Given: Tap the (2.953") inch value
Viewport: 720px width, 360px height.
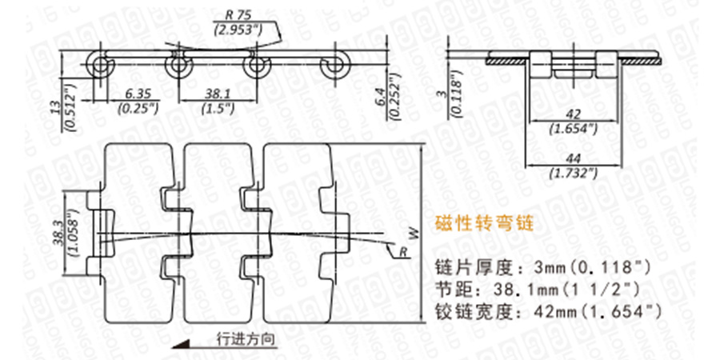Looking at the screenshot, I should [243, 30].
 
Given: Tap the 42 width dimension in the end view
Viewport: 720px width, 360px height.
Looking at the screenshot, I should [573, 114].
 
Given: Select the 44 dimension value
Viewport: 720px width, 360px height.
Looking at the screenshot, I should [573, 159].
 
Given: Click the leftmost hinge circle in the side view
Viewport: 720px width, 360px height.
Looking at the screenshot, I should [100, 64].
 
